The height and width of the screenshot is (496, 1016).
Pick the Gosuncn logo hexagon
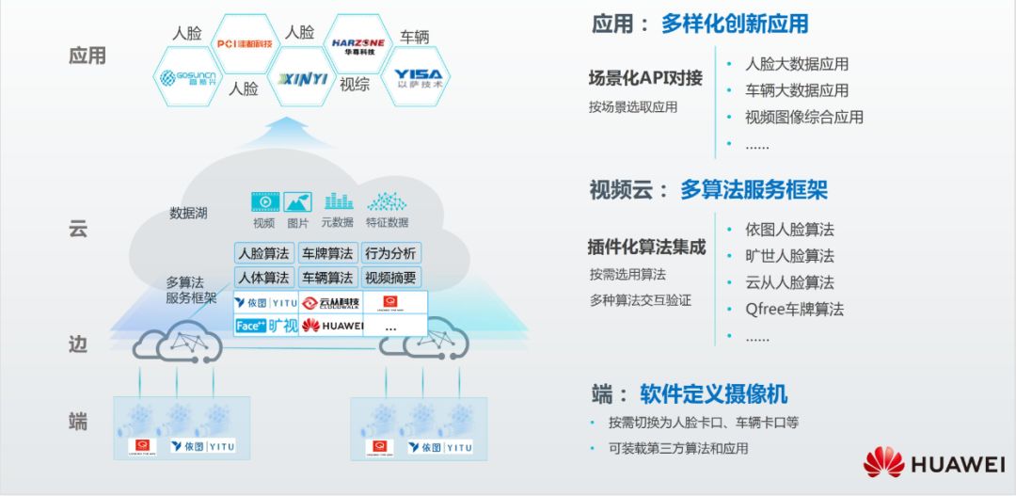pyautogui.click(x=188, y=78)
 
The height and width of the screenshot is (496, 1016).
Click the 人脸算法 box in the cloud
pyautogui.click(x=263, y=253)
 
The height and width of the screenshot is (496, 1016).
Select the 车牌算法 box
pyautogui.click(x=327, y=253)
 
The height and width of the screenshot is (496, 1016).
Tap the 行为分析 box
pyautogui.click(x=391, y=253)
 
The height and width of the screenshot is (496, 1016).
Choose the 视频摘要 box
pyautogui.click(x=391, y=278)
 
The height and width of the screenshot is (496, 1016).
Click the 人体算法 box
pyautogui.click(x=263, y=278)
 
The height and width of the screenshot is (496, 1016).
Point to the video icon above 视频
pyautogui.click(x=264, y=201)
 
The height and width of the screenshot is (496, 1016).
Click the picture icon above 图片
pyautogui.click(x=297, y=201)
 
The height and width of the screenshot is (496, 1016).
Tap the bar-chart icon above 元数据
pyautogui.click(x=338, y=201)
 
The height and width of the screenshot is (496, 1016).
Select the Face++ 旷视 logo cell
pyautogui.click(x=265, y=326)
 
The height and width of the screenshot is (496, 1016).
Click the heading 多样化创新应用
pyautogui.click(x=735, y=24)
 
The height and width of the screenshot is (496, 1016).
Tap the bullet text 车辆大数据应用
pyautogui.click(x=797, y=90)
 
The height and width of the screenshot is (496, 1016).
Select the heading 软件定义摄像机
pyautogui.click(x=713, y=393)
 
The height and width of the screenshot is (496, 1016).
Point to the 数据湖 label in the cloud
pyautogui.click(x=188, y=213)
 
